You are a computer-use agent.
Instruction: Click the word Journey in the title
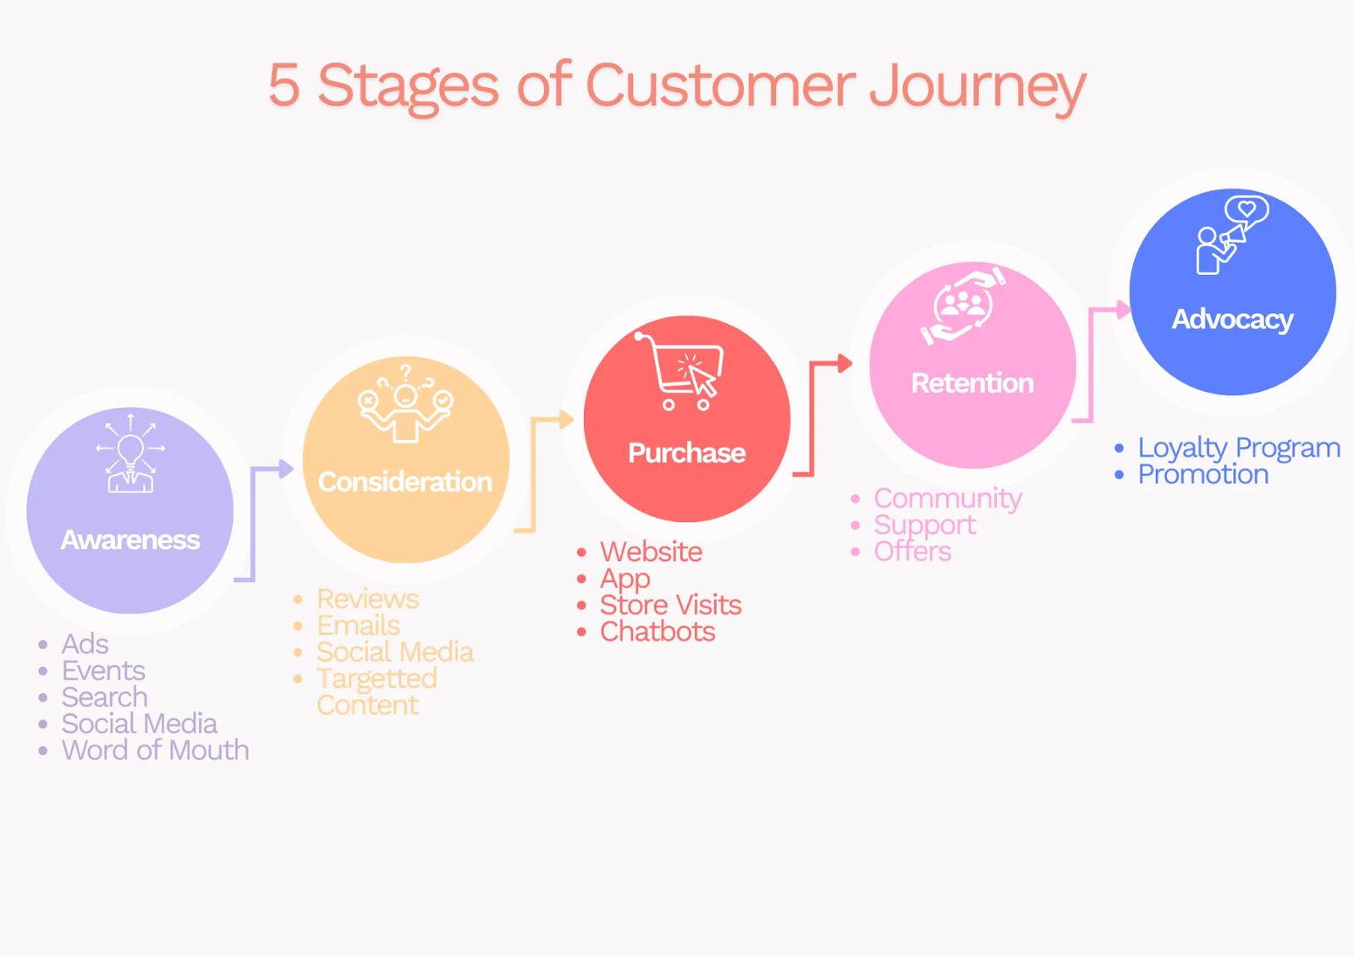(x=977, y=86)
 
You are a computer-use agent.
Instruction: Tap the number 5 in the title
(x=284, y=86)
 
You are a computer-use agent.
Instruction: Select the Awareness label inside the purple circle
(x=130, y=540)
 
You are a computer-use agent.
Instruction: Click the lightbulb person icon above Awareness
(x=130, y=454)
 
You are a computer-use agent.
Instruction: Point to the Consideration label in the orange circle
(x=405, y=482)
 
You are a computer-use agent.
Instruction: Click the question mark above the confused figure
(x=406, y=371)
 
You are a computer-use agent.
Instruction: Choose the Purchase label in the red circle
(x=686, y=454)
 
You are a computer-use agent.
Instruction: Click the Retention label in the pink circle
(x=972, y=383)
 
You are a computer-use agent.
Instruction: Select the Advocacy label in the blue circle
(x=1232, y=320)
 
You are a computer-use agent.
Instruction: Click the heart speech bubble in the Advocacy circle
(x=1247, y=208)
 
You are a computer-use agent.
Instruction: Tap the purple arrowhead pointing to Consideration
(x=285, y=468)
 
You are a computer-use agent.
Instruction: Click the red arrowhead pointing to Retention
(x=845, y=364)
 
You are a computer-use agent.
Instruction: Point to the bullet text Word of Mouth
(x=155, y=751)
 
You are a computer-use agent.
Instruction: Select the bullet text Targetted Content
(x=376, y=691)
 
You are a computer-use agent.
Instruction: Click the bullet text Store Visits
(x=670, y=605)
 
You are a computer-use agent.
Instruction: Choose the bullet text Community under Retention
(x=948, y=498)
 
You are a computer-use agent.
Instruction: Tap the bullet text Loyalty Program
(x=1238, y=448)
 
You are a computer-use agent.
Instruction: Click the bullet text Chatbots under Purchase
(x=658, y=632)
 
